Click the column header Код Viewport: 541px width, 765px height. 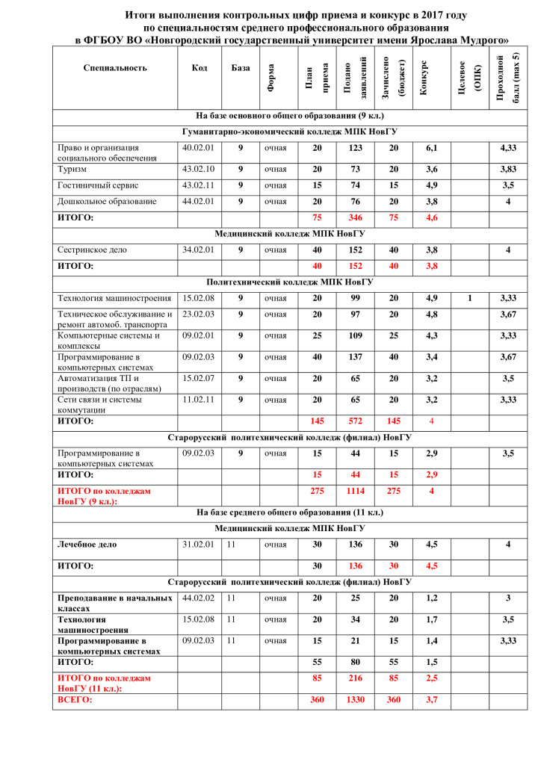pyautogui.click(x=199, y=68)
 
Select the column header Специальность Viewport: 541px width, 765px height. pyautogui.click(x=115, y=68)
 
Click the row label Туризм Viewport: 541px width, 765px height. pyautogui.click(x=72, y=170)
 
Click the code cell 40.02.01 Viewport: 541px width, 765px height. pyautogui.click(x=198, y=148)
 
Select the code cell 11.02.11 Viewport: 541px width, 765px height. pyautogui.click(x=198, y=400)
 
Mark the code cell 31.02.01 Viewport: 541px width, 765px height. pyautogui.click(x=198, y=545)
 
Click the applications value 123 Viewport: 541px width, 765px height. pyautogui.click(x=355, y=149)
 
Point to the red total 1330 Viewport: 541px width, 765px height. pyautogui.click(x=355, y=700)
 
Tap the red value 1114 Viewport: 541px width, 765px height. pyautogui.click(x=355, y=491)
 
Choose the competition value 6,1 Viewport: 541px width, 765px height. pyautogui.click(x=431, y=149)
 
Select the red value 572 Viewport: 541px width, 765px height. pyautogui.click(x=355, y=421)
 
